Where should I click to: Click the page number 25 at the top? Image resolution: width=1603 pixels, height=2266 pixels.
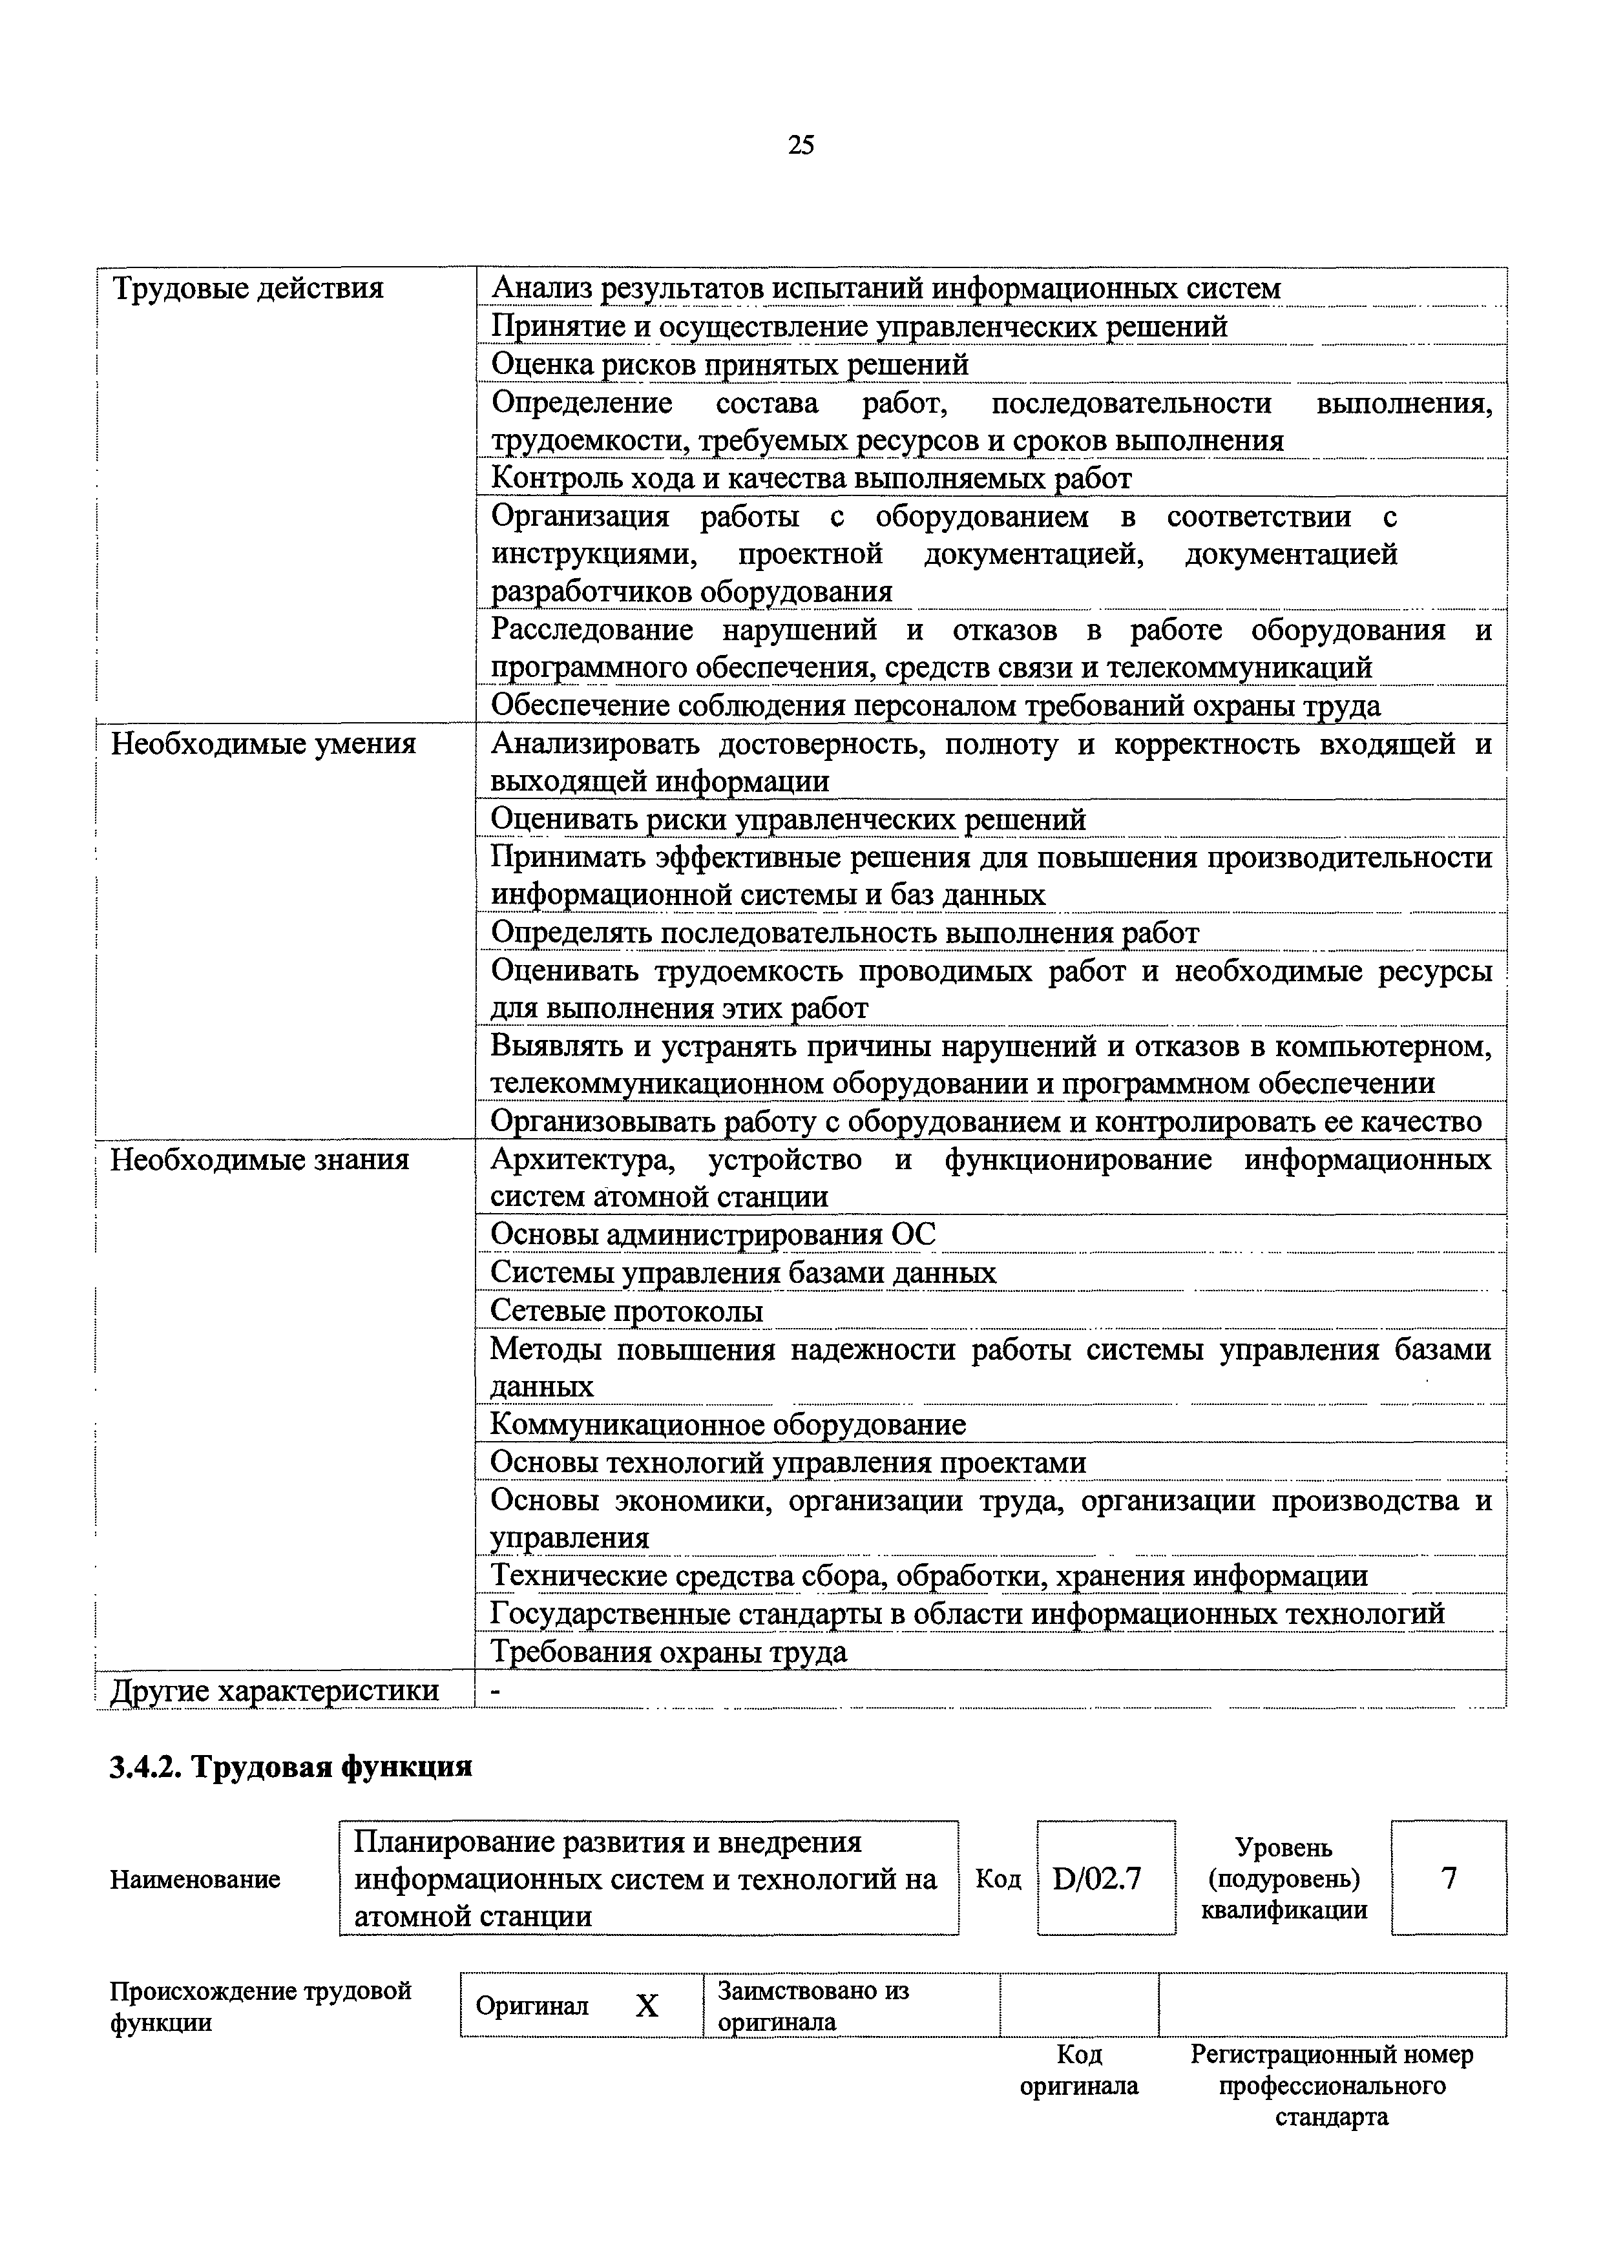tap(801, 146)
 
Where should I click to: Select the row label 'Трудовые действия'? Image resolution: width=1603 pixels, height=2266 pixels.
tap(247, 289)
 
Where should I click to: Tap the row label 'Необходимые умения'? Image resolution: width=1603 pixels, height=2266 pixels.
tap(262, 743)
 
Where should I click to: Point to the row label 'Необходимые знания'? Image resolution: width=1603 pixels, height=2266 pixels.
tap(260, 1159)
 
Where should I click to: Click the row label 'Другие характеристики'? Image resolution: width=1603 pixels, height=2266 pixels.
tap(275, 1690)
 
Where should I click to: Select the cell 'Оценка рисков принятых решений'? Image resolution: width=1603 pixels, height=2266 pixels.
tap(731, 365)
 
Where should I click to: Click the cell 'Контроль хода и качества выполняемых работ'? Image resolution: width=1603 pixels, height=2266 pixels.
tap(812, 479)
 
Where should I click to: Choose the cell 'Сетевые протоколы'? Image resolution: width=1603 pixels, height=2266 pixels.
tap(627, 1312)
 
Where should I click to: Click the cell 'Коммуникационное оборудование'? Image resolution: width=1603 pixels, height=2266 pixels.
tap(728, 1425)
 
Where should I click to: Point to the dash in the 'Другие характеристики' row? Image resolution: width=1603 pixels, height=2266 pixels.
tap(496, 1690)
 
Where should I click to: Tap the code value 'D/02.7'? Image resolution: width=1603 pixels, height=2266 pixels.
tap(1098, 1879)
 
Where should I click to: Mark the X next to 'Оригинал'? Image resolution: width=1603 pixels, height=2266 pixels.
tap(647, 2006)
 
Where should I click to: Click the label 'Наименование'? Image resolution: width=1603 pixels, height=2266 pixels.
tap(195, 1879)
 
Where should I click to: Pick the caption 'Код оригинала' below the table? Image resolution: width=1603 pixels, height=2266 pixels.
tap(1079, 2070)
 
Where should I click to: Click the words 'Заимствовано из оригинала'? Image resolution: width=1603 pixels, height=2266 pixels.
tap(813, 2006)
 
